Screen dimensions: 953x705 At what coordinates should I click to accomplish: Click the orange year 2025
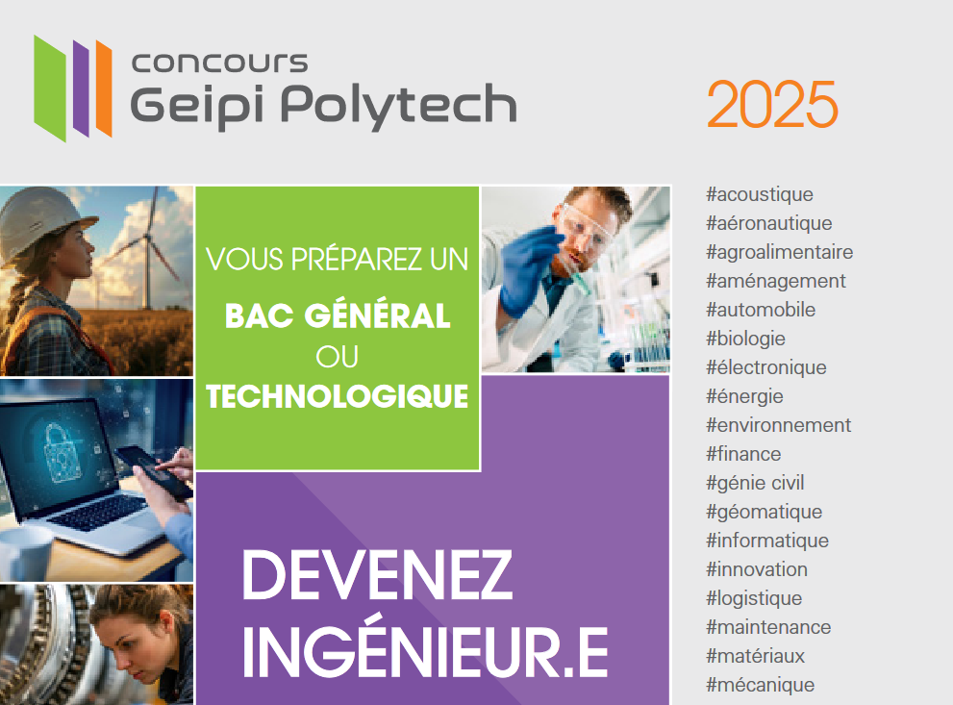click(x=772, y=104)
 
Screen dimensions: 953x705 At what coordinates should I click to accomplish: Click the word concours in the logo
click(x=220, y=62)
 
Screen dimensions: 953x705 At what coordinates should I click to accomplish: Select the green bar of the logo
click(x=50, y=88)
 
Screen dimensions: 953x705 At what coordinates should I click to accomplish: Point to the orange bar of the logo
click(x=104, y=88)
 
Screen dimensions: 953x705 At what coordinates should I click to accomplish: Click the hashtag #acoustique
click(x=759, y=194)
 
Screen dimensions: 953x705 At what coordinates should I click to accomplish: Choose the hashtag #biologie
click(x=745, y=339)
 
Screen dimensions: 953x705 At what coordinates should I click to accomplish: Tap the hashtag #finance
click(x=742, y=454)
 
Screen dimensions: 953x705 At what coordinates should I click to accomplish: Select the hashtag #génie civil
click(x=755, y=483)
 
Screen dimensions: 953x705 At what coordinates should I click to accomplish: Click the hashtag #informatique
click(x=767, y=541)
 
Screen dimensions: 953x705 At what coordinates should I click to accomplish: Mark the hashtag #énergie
click(x=744, y=396)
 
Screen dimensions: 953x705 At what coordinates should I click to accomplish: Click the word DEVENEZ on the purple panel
click(x=377, y=575)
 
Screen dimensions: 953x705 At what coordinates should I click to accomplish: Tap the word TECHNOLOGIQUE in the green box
click(x=338, y=396)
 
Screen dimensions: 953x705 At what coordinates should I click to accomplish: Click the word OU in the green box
click(x=337, y=357)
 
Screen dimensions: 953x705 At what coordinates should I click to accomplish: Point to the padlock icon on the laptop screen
click(x=62, y=452)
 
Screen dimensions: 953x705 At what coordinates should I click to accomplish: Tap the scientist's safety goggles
click(x=587, y=224)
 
